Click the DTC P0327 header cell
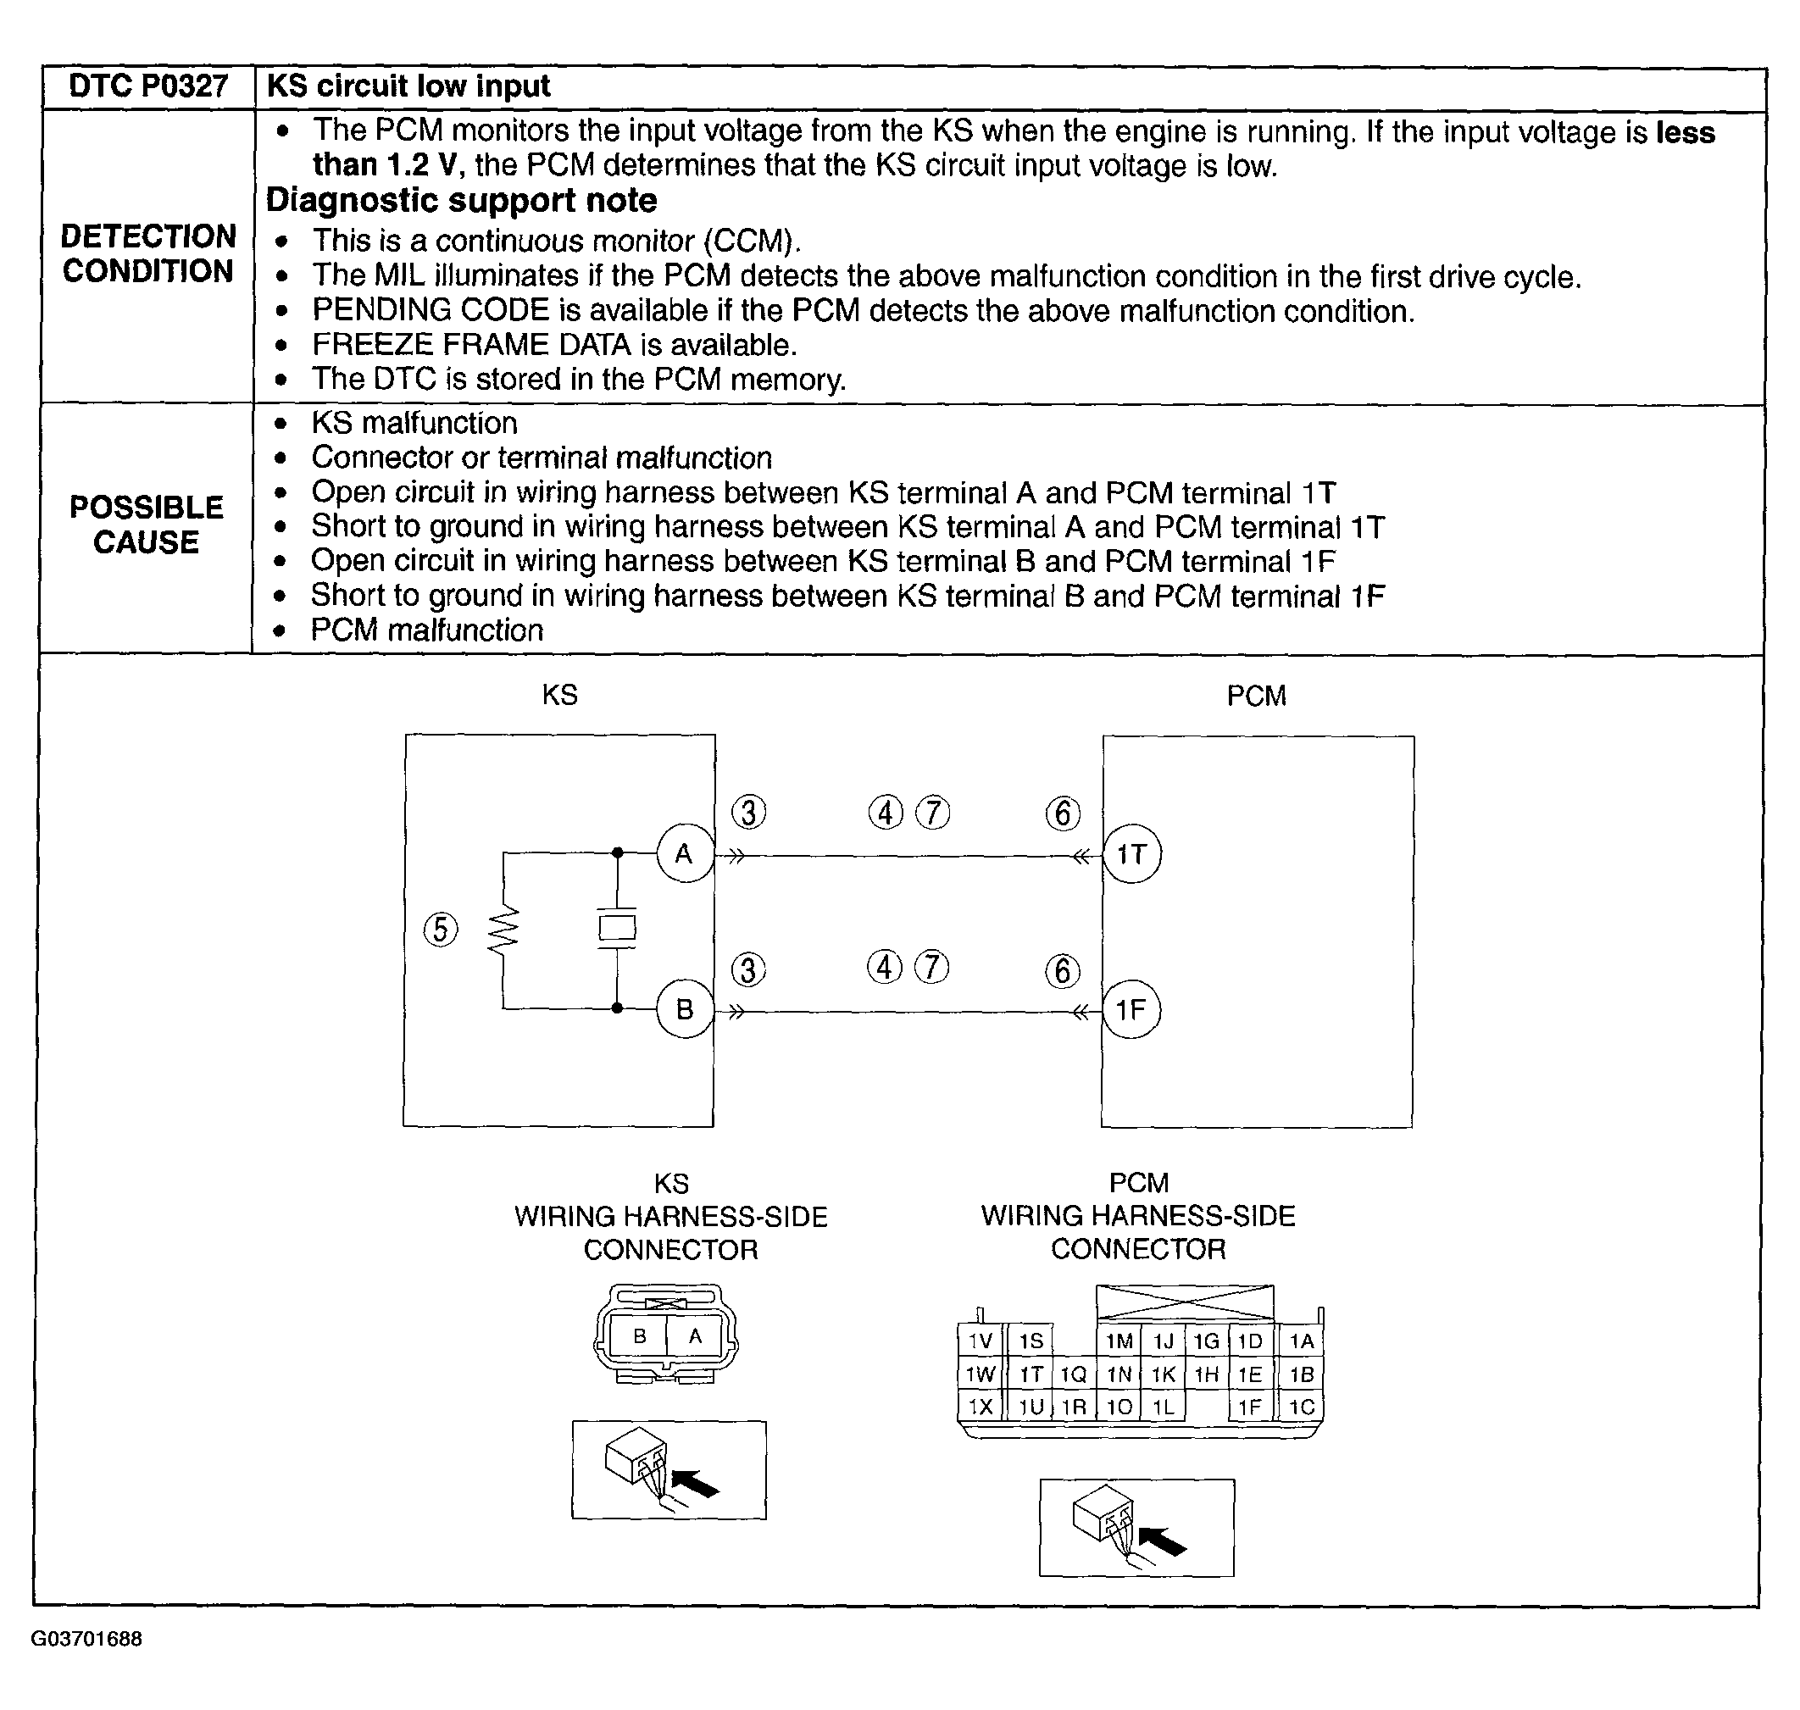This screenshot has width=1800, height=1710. point(147,86)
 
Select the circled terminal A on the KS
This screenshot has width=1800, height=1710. point(684,854)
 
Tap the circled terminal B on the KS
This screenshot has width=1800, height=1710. point(684,1009)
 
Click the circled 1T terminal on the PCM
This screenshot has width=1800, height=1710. point(1131,854)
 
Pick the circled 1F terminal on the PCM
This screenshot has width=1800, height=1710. point(1131,1010)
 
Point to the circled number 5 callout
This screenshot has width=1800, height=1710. point(442,930)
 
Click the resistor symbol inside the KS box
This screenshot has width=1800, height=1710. point(503,930)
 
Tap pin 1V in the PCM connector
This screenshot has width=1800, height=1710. point(980,1341)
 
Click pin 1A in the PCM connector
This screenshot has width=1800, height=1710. point(1302,1341)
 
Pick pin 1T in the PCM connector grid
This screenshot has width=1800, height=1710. point(1031,1374)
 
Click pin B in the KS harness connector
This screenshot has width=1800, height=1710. point(640,1336)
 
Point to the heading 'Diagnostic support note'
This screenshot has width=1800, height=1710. point(461,201)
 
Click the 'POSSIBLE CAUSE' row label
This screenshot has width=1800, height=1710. point(146,525)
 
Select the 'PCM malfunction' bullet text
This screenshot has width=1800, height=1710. point(426,630)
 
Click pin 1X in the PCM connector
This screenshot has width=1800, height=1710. point(980,1407)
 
